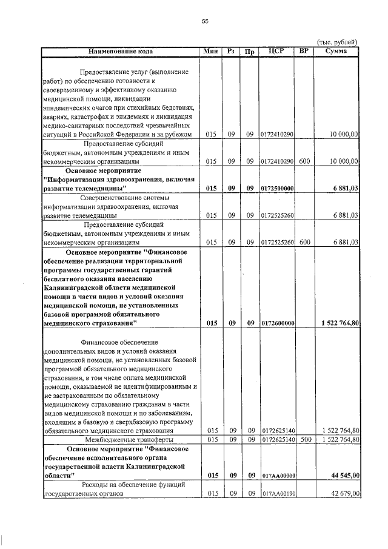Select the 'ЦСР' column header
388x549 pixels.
[276, 52]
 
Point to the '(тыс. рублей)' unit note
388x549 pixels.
[337, 42]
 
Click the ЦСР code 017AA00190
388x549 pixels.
[278, 494]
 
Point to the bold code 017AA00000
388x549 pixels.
[278, 476]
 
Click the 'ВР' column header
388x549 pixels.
[304, 52]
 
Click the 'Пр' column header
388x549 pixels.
[249, 52]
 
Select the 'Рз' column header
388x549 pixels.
[231, 52]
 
